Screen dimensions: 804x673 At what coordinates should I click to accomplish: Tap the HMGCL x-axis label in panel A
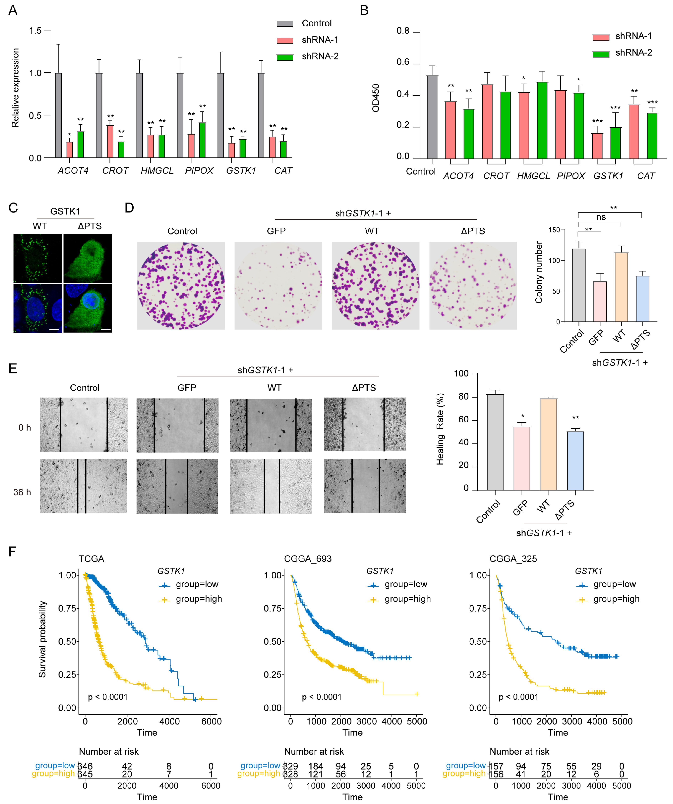coord(157,171)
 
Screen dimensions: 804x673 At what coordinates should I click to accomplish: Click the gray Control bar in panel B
coord(432,117)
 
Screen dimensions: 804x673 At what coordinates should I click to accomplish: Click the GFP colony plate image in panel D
coord(278,286)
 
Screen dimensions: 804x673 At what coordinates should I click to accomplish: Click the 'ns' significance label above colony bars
coord(601,217)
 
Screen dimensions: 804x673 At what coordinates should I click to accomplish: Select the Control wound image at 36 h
coord(83,486)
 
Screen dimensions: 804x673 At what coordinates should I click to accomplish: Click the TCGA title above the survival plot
coord(91,559)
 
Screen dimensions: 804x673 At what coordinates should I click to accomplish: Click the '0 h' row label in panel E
coord(24,428)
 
